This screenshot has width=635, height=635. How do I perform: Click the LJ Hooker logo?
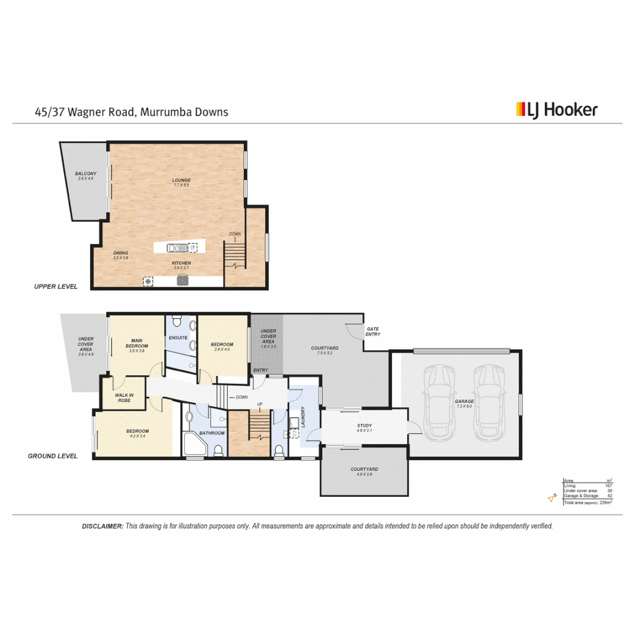(556, 110)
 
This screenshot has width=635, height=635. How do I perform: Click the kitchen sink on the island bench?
(175, 248)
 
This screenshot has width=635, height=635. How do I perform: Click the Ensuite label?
(178, 338)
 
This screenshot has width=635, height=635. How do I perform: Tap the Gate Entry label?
(373, 332)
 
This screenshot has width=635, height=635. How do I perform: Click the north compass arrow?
(552, 499)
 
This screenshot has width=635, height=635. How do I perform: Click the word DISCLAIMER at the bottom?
(102, 526)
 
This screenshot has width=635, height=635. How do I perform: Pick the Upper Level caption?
(54, 286)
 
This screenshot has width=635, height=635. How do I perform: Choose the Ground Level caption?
(52, 456)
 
